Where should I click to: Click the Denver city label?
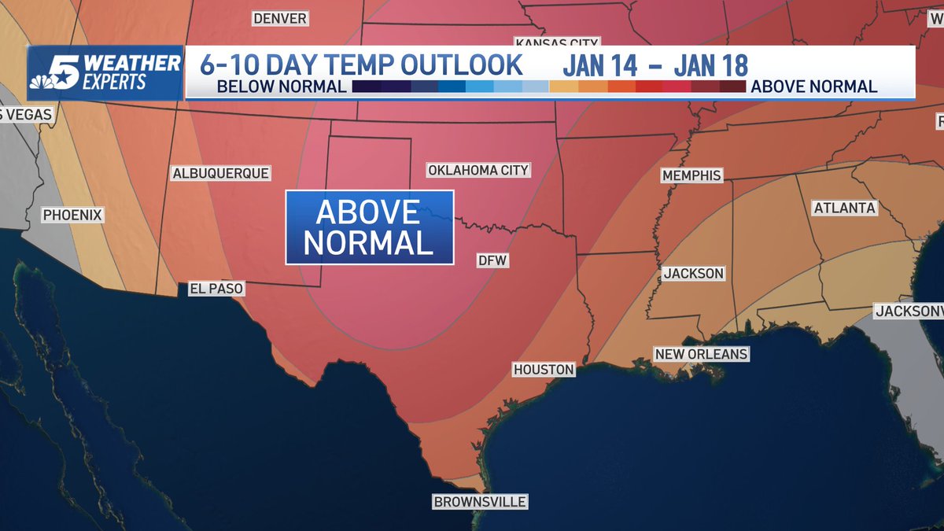(x=279, y=18)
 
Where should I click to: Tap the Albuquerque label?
(x=221, y=173)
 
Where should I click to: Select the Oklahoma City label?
(x=478, y=170)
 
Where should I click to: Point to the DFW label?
(x=493, y=260)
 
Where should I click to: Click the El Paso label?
(x=216, y=289)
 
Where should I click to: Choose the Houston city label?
(x=544, y=369)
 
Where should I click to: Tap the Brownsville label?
(x=480, y=502)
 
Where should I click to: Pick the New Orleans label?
(x=701, y=354)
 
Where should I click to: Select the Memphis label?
(x=691, y=175)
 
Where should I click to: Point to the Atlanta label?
(x=844, y=208)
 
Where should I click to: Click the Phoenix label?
(x=73, y=214)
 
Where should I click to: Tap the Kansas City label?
(x=557, y=42)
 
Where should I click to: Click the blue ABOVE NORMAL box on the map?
(x=369, y=227)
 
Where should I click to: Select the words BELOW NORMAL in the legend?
(x=282, y=87)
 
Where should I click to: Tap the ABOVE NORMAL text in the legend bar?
(x=814, y=87)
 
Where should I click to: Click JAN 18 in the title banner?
(x=710, y=65)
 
